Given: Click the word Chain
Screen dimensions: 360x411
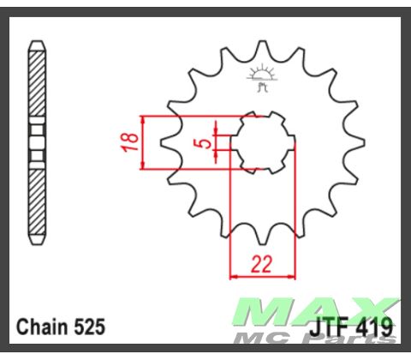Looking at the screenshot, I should pos(41,327).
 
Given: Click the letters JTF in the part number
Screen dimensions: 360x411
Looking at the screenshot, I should pos(329,327).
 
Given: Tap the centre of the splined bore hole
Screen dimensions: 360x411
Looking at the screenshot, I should pos(262,141).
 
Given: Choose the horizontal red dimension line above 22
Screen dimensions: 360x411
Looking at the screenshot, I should pos(262,277).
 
